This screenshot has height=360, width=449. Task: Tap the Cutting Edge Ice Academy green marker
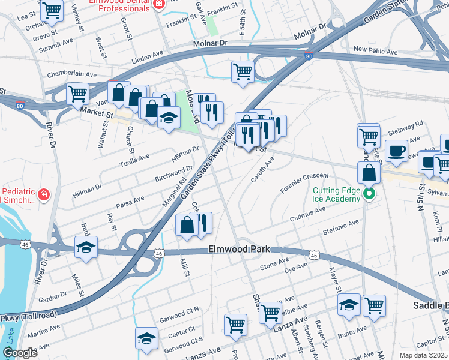(370, 193)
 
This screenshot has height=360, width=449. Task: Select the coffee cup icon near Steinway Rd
(396, 151)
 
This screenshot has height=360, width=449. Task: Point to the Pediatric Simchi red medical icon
(43, 194)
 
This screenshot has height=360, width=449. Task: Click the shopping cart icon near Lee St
(52, 10)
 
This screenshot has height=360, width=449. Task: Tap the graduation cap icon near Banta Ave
(349, 304)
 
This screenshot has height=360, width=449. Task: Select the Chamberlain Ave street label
(71, 74)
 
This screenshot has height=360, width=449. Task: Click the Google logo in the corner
(20, 353)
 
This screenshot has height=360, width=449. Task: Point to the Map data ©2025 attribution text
(423, 355)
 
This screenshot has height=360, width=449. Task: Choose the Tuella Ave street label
(134, 160)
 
